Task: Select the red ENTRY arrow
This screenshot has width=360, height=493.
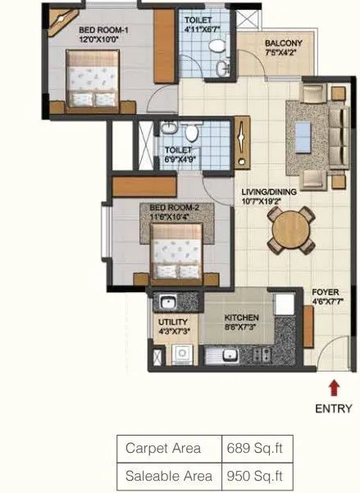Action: click(x=333, y=386)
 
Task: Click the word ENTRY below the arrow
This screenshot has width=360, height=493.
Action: click(x=333, y=409)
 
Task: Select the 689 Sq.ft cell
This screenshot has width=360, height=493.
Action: click(x=257, y=449)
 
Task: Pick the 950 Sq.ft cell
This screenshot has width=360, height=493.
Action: click(x=257, y=475)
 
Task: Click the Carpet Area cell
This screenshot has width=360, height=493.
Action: click(x=169, y=449)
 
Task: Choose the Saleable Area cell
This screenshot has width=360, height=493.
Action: click(x=169, y=475)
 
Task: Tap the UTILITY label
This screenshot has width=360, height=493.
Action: click(x=173, y=322)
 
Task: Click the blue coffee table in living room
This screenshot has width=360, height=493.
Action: click(x=304, y=131)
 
